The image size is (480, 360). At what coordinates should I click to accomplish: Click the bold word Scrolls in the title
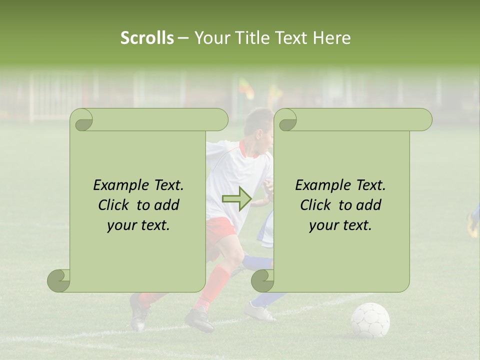147,38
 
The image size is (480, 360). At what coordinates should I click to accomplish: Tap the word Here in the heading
332,38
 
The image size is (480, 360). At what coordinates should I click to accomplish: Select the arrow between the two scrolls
236,199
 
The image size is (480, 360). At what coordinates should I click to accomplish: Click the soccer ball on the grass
370,320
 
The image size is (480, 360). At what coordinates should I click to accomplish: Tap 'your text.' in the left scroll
138,225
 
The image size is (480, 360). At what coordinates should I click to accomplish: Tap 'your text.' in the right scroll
340,225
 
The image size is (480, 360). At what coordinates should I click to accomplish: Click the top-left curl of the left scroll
81,120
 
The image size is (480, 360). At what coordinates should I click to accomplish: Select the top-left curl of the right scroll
286,120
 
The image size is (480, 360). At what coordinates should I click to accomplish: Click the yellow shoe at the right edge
472,225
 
